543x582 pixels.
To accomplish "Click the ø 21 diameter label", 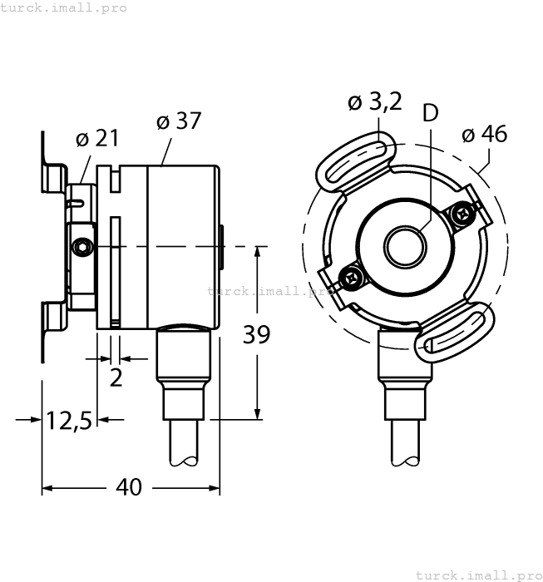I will tap(97, 139).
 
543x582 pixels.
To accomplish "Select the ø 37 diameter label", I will tap(179, 121).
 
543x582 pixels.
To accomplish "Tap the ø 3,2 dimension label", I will tap(374, 102).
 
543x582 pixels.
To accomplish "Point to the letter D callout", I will tap(430, 113).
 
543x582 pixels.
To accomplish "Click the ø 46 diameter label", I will tap(484, 134).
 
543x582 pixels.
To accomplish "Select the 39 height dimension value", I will tap(256, 335).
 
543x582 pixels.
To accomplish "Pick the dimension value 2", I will tap(116, 377).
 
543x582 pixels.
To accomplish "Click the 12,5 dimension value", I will tap(68, 421).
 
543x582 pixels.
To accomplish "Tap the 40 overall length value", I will tap(129, 487).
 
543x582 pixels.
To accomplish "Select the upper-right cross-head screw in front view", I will tap(462, 214).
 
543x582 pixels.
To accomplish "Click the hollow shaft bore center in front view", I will tap(404, 246).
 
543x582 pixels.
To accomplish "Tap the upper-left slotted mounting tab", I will tap(354, 161).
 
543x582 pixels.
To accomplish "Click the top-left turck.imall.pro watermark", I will tap(64, 7).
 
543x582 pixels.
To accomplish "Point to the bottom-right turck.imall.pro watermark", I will tap(477, 575).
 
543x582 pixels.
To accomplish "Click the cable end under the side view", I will tap(184, 445).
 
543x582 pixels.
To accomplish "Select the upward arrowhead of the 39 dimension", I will tap(258, 252).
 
